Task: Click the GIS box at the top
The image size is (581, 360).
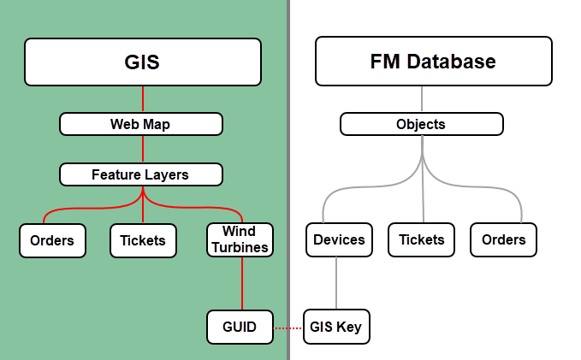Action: point(142,62)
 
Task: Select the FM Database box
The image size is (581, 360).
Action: point(432,62)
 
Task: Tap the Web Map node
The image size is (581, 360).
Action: point(141,124)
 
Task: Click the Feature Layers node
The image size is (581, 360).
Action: point(141,174)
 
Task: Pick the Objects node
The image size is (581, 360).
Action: point(421,124)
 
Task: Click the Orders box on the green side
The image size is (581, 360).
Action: point(52,240)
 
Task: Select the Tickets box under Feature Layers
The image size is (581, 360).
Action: point(143,240)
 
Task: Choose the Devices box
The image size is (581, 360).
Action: point(339,239)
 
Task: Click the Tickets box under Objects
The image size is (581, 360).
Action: point(421,239)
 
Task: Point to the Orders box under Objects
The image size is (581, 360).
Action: point(503,239)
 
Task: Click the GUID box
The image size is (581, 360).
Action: point(240,327)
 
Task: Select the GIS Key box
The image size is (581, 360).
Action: point(337,327)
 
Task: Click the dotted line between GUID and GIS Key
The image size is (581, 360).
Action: point(288,327)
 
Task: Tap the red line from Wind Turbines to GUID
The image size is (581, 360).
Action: point(243,283)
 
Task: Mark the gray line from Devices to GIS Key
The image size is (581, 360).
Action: point(336,283)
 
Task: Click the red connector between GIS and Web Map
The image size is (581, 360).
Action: point(142,99)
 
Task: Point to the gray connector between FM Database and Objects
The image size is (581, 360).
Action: point(422,99)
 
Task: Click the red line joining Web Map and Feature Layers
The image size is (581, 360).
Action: point(142,149)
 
